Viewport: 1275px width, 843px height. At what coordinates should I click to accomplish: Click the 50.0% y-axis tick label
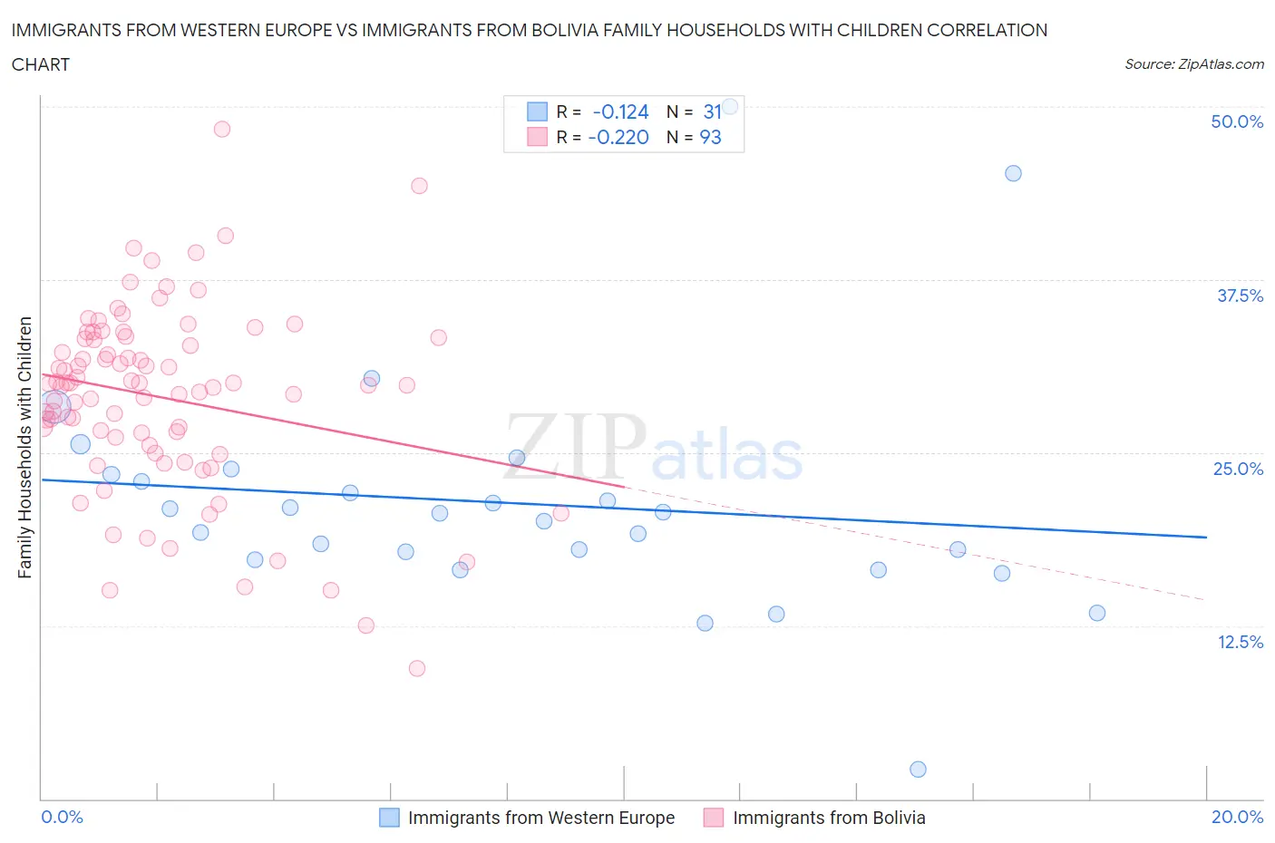1237,121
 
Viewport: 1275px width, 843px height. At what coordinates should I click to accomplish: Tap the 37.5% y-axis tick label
1240,296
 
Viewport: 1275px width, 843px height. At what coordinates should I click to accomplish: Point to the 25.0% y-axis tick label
1238,469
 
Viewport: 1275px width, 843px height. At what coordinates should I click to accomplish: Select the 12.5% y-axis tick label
1240,642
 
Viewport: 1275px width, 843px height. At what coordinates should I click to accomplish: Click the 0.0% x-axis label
62,817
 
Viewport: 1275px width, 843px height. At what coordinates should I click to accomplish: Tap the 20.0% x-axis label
1237,817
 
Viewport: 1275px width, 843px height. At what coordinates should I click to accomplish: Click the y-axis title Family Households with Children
24,447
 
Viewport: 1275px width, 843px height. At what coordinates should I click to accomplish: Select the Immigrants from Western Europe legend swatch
389,818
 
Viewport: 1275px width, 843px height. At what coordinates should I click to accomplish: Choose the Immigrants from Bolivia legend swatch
714,818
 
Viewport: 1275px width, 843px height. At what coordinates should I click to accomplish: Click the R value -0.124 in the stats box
620,111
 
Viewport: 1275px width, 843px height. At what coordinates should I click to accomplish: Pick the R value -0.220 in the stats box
618,137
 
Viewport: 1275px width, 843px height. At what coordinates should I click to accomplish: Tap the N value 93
710,137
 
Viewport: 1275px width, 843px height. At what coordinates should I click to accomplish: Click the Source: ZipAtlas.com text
1193,63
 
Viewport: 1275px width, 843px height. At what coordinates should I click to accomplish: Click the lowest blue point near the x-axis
918,770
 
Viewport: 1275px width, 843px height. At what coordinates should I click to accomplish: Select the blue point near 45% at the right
1013,173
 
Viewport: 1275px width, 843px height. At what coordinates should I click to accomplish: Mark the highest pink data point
221,129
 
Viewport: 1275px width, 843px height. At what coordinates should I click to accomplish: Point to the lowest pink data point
417,668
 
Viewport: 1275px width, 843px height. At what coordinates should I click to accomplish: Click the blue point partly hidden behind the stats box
729,106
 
